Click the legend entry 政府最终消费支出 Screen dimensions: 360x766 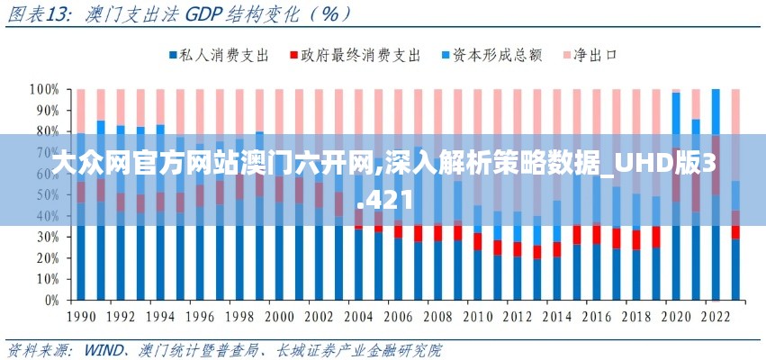pyautogui.click(x=360, y=56)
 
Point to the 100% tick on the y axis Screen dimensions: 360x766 pyautogui.click(x=42, y=90)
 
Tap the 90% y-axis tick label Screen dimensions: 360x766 pyautogui.click(x=46, y=111)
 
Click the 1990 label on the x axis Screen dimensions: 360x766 pyautogui.click(x=81, y=317)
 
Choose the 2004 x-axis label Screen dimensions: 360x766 pyautogui.click(x=358, y=317)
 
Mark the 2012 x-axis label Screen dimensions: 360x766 pyautogui.click(x=518, y=317)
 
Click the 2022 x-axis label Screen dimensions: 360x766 pyautogui.click(x=716, y=317)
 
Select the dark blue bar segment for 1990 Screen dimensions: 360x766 pyautogui.click(x=81, y=261)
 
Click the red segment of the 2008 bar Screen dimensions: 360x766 pyautogui.click(x=437, y=233)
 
